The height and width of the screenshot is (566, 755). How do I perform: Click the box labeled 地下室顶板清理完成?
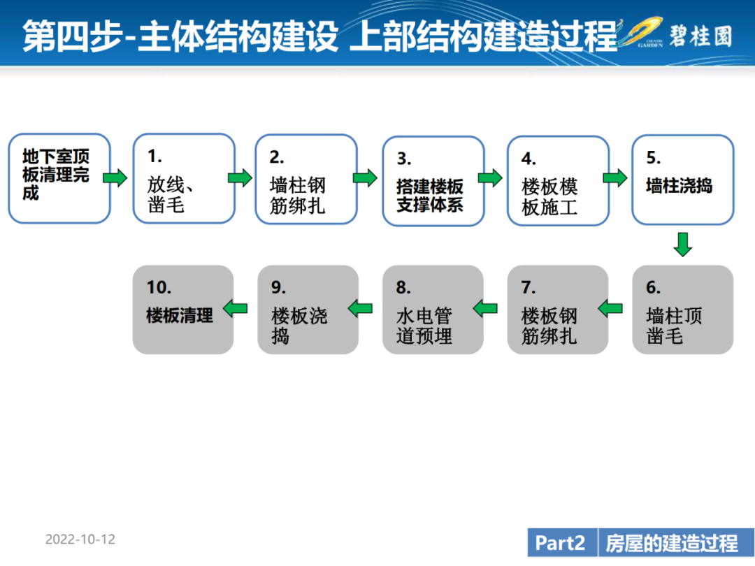(x=59, y=179)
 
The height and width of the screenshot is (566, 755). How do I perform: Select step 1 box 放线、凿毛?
(x=184, y=179)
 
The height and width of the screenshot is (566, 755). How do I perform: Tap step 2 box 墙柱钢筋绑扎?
(x=306, y=180)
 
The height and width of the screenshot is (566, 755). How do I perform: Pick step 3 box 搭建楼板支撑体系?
(x=433, y=181)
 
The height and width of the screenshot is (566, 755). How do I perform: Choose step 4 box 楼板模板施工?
(x=559, y=181)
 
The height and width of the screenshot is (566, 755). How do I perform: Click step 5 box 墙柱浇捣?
(x=683, y=180)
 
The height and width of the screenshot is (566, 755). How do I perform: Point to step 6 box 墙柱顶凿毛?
(x=683, y=310)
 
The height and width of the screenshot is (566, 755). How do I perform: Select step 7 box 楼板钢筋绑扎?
(x=558, y=310)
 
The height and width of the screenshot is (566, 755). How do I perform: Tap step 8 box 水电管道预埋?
(x=433, y=310)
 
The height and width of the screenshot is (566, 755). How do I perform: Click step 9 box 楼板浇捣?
(x=308, y=310)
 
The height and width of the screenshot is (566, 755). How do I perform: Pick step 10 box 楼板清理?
(x=183, y=310)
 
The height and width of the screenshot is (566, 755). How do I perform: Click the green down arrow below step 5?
(x=683, y=245)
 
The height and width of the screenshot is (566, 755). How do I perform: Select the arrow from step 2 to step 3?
(x=365, y=178)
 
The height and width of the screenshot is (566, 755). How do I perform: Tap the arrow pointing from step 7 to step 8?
(x=485, y=309)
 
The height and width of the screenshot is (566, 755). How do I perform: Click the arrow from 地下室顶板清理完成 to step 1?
(x=115, y=178)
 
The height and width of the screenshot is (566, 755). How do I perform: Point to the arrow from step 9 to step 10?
(x=236, y=309)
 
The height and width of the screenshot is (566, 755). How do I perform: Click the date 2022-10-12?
(x=80, y=539)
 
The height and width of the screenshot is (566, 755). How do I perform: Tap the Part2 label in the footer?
(x=560, y=544)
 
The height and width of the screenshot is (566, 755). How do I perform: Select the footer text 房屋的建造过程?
(x=672, y=544)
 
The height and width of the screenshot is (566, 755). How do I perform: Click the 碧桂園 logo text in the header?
(x=701, y=36)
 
